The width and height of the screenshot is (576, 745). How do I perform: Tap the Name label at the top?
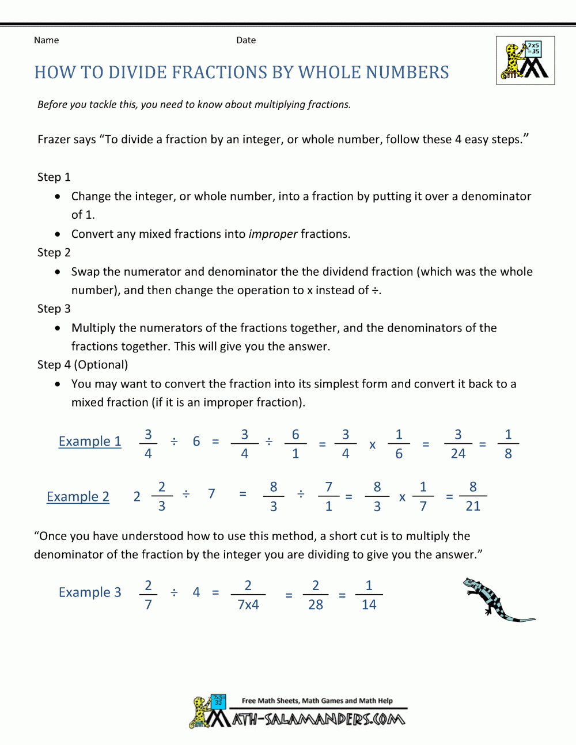click(46, 40)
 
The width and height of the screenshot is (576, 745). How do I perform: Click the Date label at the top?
click(246, 40)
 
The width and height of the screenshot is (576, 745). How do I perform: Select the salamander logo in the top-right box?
click(525, 60)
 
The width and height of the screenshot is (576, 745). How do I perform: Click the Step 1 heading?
click(54, 177)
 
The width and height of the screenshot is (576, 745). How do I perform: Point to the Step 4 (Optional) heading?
click(82, 365)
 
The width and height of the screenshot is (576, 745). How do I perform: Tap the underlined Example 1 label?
click(90, 442)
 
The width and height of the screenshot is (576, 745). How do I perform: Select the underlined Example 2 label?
click(78, 497)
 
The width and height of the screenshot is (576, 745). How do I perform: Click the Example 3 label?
click(90, 592)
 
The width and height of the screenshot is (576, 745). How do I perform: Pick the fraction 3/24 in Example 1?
click(458, 444)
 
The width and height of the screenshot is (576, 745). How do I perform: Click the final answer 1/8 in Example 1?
click(508, 444)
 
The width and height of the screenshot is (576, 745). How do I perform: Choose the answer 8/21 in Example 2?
click(473, 496)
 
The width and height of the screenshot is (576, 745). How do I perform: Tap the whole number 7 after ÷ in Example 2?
click(211, 494)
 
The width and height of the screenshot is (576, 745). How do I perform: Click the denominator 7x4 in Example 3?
click(248, 605)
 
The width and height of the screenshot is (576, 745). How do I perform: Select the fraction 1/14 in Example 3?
click(369, 595)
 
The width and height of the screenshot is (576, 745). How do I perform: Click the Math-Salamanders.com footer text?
click(319, 719)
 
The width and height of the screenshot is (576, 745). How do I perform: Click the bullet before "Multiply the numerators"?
click(58, 328)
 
